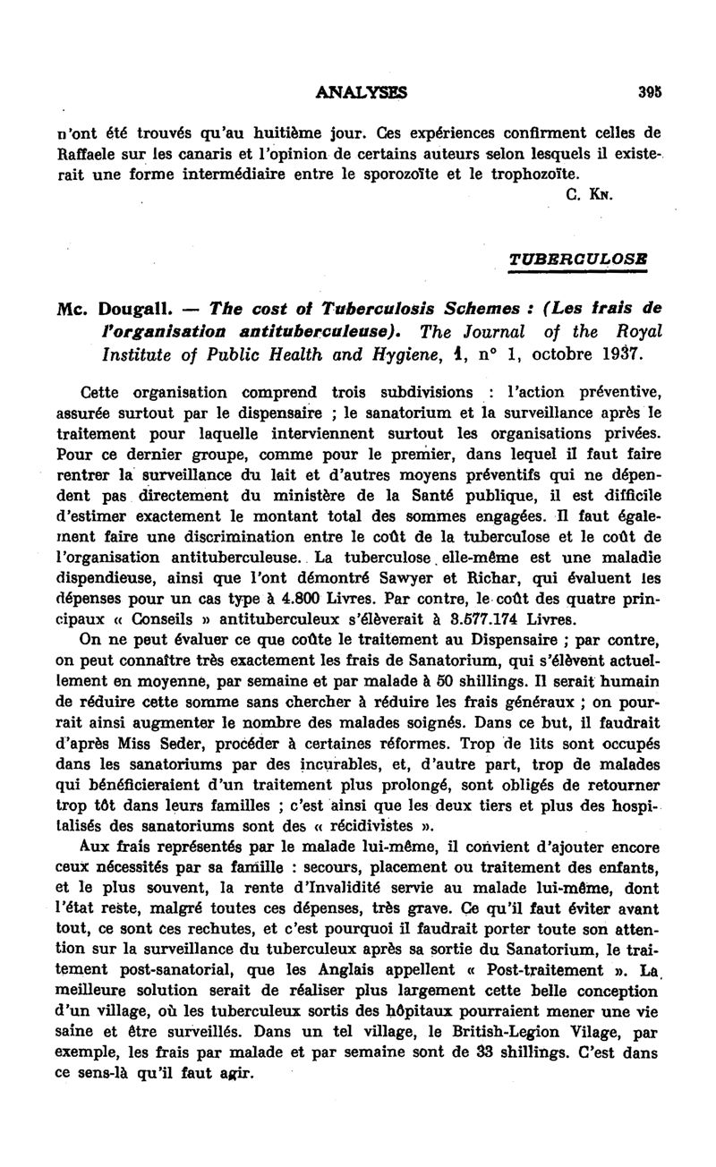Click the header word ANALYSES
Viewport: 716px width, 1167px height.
point(362,91)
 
